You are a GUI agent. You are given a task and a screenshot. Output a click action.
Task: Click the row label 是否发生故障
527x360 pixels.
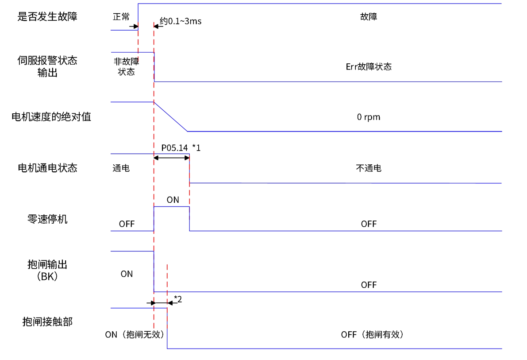47,17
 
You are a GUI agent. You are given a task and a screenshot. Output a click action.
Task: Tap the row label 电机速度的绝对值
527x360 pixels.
51,117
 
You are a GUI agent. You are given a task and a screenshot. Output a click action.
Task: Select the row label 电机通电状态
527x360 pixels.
47,168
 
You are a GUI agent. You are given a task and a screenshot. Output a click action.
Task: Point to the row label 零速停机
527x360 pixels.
47,219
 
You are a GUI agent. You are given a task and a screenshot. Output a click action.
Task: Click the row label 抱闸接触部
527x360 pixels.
47,322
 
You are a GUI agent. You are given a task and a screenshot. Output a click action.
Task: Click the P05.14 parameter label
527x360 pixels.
174,148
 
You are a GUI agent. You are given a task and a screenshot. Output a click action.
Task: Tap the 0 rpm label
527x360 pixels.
369,117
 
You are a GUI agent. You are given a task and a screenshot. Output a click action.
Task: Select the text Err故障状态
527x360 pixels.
369,67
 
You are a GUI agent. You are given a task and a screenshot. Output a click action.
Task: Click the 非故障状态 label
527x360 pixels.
127,67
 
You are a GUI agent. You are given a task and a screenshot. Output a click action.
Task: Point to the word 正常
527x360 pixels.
121,17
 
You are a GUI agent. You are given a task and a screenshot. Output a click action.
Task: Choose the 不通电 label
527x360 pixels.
369,168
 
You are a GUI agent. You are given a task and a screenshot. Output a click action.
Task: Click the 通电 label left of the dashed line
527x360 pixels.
121,168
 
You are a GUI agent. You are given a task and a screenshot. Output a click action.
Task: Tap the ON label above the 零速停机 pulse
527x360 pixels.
173,200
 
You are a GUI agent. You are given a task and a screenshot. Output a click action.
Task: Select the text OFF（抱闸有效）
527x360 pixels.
372,335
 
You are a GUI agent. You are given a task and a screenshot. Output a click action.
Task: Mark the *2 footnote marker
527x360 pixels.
178,299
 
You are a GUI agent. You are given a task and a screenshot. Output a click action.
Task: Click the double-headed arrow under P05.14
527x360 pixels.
171,157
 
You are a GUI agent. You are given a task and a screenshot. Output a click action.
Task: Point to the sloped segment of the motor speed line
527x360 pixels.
171,117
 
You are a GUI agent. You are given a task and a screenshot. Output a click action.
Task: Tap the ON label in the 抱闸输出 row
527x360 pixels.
127,274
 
